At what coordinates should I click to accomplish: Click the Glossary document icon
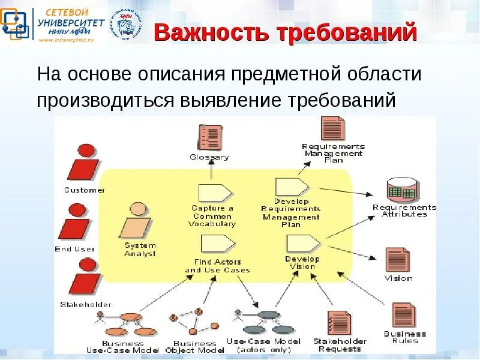(209, 137)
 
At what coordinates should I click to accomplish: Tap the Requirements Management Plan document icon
(333, 128)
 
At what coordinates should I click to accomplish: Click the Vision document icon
(398, 259)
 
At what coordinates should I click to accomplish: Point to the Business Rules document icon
(403, 316)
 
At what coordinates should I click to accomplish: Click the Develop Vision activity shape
(303, 244)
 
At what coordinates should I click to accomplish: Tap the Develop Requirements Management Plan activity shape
(291, 187)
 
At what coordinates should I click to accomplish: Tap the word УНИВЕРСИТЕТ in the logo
(71, 23)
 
